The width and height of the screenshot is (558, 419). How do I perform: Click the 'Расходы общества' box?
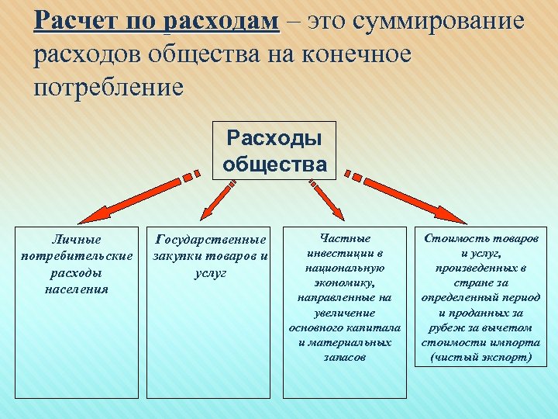[274, 151]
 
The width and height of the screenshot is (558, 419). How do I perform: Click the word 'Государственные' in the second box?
[211, 240]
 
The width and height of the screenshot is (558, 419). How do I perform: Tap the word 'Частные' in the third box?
[345, 238]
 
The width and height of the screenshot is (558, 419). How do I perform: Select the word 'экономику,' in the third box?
[345, 282]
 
